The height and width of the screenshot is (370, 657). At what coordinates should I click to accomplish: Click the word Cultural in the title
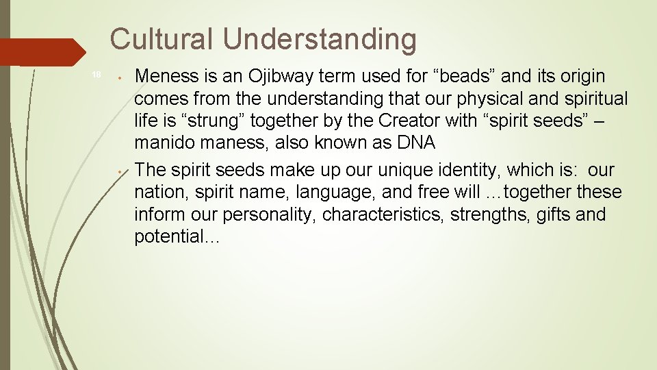click(162, 39)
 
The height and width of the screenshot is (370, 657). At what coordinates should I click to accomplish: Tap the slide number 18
click(96, 75)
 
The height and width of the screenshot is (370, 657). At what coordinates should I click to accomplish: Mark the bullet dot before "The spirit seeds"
click(120, 171)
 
